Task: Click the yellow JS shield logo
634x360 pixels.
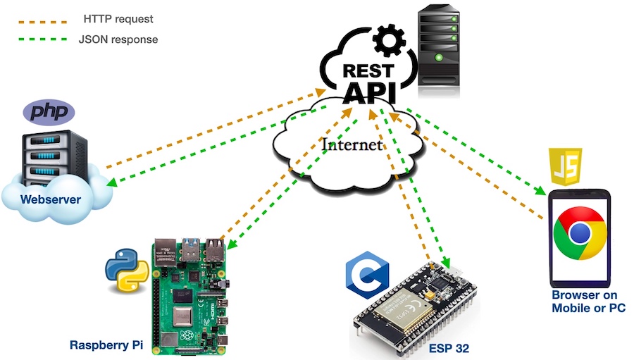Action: (566, 166)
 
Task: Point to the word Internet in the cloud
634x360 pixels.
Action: (352, 145)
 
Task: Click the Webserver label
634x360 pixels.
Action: (50, 199)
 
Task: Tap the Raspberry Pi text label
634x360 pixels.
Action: (105, 345)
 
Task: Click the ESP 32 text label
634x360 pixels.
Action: (449, 348)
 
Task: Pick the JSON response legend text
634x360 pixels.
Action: (118, 39)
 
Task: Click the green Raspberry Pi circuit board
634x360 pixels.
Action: (190, 296)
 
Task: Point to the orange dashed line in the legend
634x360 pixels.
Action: (43, 20)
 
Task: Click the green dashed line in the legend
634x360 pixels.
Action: (43, 40)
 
